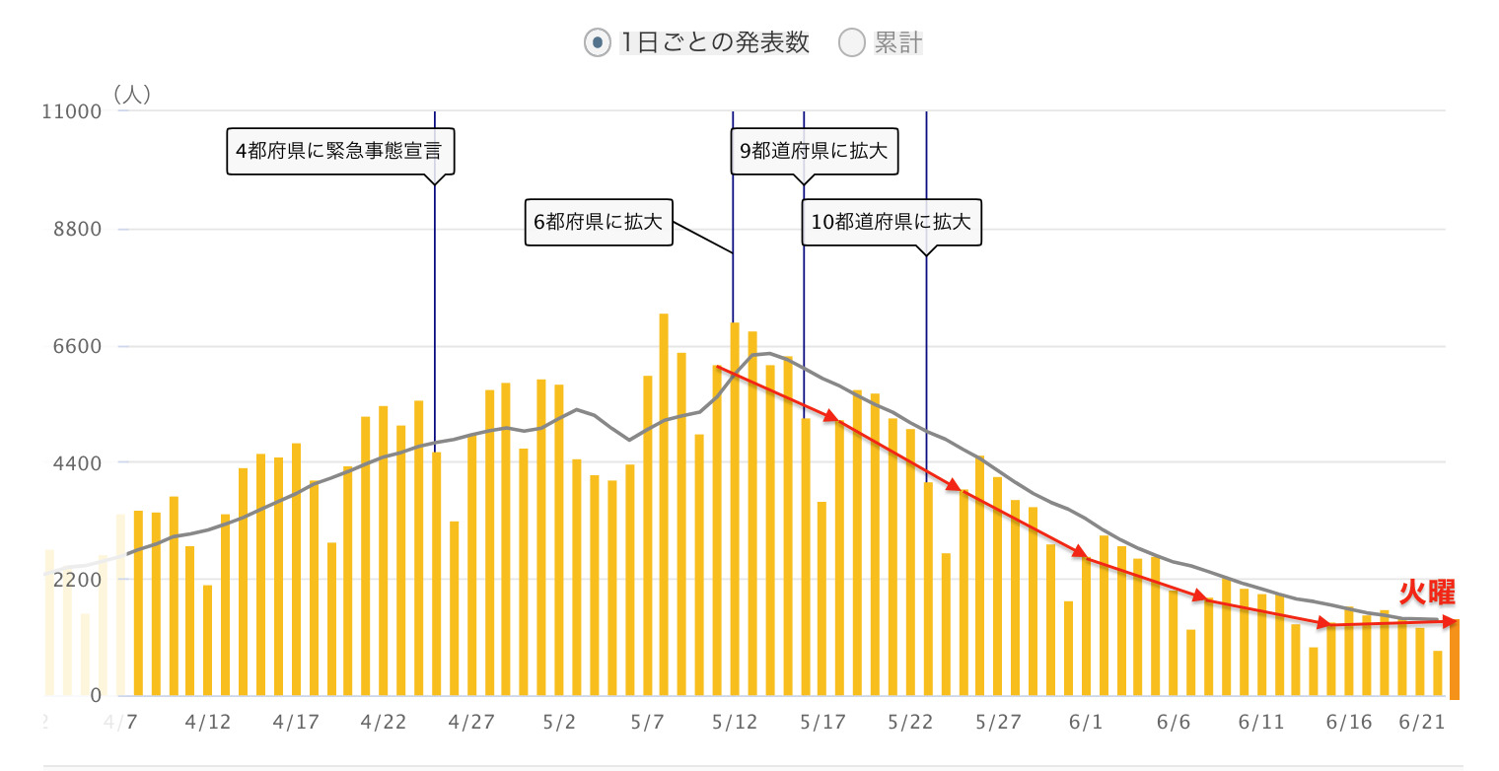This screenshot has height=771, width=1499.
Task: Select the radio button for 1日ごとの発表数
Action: point(597,43)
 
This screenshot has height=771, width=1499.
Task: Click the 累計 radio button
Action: point(851,43)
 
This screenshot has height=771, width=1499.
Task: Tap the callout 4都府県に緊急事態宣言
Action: point(338,151)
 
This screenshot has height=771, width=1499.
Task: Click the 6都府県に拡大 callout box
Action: point(598,222)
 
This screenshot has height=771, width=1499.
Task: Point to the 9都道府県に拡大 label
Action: point(814,151)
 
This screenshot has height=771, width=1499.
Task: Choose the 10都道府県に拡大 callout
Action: point(891,222)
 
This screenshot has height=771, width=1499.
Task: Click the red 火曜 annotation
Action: point(1426,593)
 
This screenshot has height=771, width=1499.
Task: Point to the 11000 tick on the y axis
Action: point(72,111)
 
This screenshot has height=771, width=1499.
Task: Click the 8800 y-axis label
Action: point(77,229)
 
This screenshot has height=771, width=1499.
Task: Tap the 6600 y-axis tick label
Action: point(77,346)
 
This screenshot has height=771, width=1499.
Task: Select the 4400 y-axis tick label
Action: point(77,462)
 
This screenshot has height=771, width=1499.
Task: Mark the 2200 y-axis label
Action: point(77,579)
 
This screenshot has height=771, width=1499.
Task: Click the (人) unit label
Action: point(130,94)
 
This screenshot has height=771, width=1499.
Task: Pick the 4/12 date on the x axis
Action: point(208,723)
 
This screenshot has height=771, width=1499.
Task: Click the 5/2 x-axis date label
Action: point(559,723)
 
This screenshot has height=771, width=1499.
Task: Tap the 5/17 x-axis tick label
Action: point(821,723)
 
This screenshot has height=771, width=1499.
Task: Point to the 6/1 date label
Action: point(1086,723)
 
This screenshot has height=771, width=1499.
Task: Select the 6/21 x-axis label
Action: point(1421,723)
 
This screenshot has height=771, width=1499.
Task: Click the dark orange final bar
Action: point(1454,659)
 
